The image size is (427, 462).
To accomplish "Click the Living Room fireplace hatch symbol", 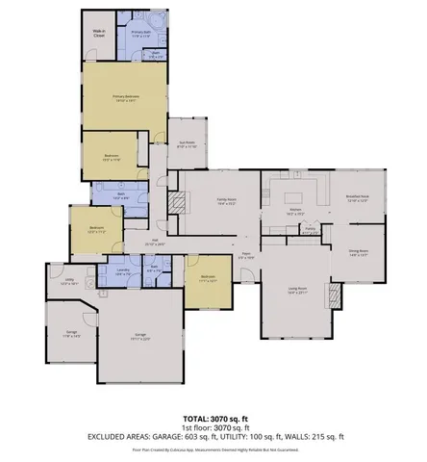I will click(x=335, y=295).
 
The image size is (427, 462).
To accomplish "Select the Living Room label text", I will click(x=297, y=290).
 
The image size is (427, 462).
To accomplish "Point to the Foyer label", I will click(x=245, y=257).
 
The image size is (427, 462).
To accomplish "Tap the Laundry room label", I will click(x=124, y=272).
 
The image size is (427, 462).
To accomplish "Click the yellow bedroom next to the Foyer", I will click(x=208, y=281).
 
